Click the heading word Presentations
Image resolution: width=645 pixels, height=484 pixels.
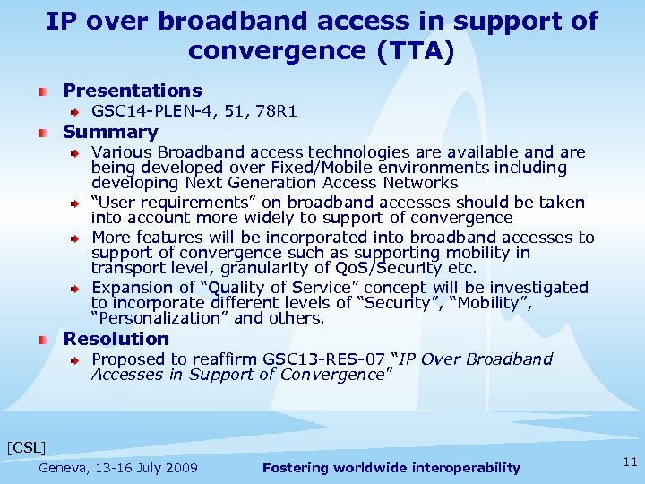pyautogui.click(x=133, y=91)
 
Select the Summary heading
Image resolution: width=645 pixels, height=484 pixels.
pyautogui.click(x=110, y=133)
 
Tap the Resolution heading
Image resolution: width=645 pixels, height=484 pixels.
pyautogui.click(x=116, y=339)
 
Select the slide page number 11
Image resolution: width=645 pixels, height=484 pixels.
pyautogui.click(x=629, y=462)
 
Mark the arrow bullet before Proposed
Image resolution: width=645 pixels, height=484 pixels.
pyautogui.click(x=77, y=360)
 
